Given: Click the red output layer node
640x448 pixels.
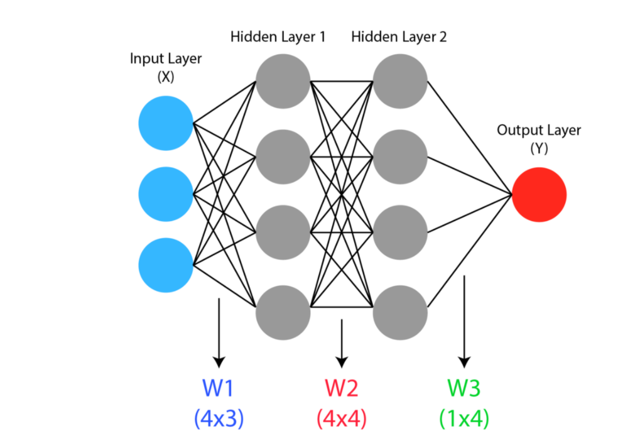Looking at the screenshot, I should (539, 195).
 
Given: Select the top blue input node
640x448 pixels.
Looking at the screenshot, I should (166, 123).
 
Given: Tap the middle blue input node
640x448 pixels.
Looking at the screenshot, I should (166, 194).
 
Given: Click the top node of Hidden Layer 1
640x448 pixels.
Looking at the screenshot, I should (283, 81).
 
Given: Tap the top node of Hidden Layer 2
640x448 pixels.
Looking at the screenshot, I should (400, 81).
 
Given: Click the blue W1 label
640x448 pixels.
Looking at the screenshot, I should (219, 389).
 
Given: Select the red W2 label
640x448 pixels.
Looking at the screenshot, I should (342, 389).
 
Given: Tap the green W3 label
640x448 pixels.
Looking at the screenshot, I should (464, 389).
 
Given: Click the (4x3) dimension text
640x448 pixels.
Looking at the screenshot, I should (219, 418).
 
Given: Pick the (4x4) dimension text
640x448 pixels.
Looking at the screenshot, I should (342, 418).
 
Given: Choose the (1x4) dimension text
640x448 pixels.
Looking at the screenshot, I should (464, 418).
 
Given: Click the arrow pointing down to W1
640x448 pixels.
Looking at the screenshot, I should (219, 333).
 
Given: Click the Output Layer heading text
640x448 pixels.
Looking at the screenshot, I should (539, 131).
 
